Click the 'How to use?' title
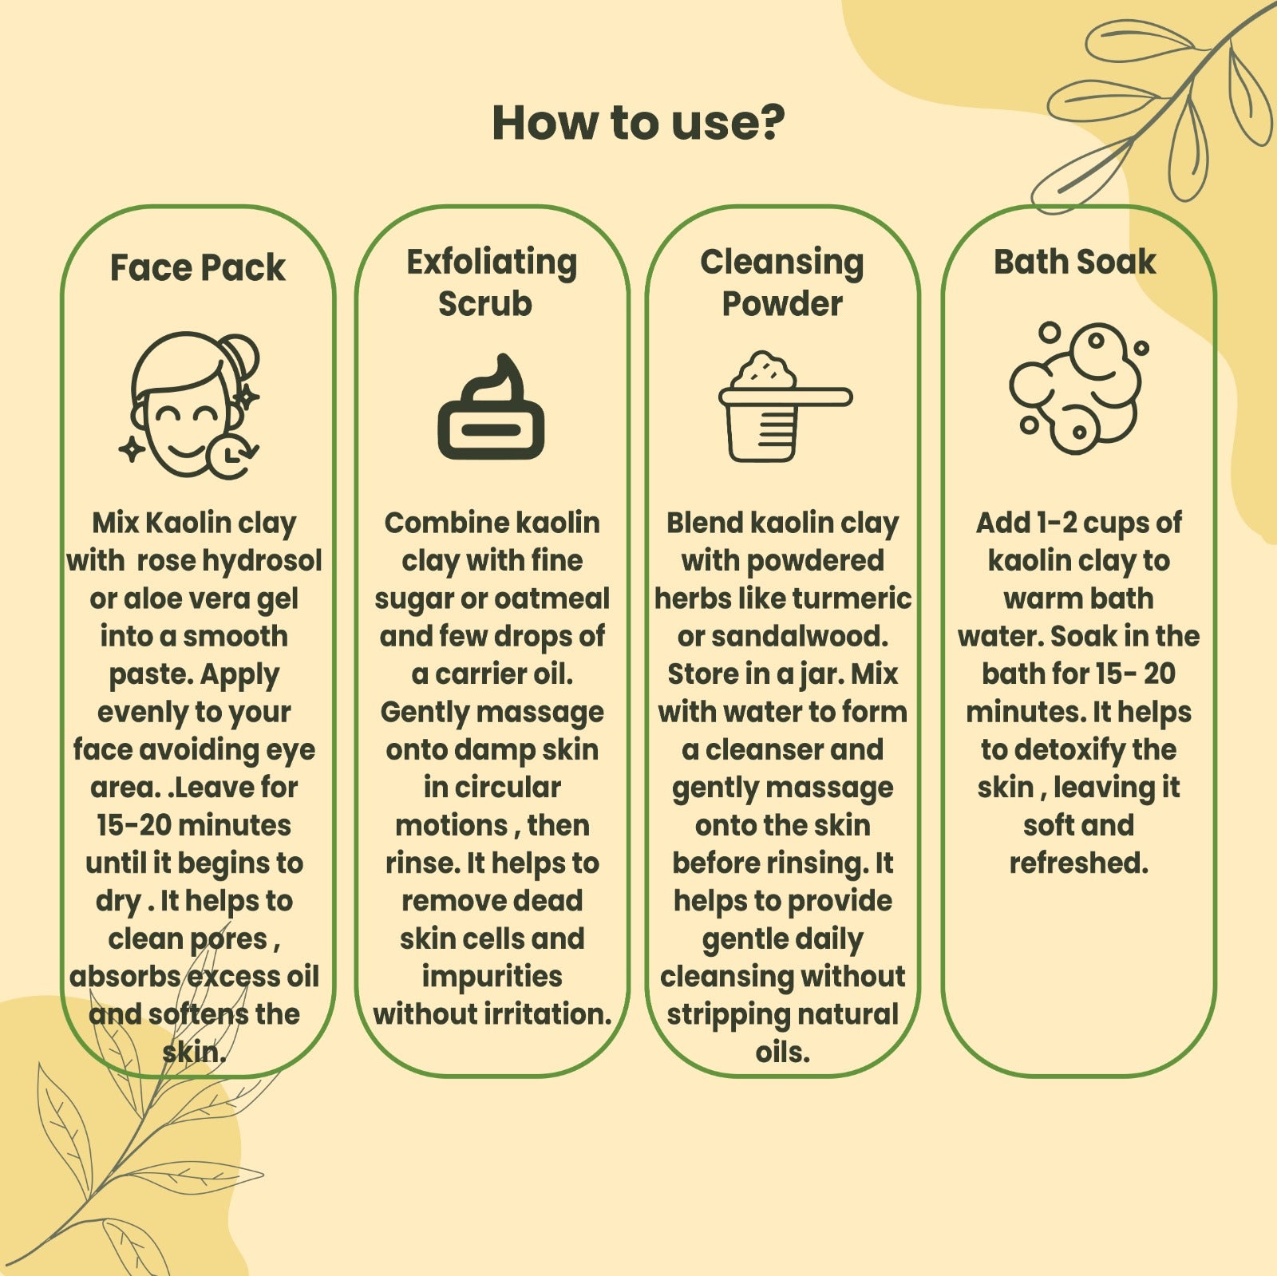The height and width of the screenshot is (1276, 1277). [x=638, y=123]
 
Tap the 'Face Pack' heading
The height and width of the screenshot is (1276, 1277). [x=197, y=267]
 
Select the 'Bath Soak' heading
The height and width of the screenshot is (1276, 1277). [x=1074, y=262]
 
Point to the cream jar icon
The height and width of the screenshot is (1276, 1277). [x=491, y=407]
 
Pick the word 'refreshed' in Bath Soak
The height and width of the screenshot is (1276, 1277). [x=1078, y=863]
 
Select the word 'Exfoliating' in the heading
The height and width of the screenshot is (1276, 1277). [x=492, y=262]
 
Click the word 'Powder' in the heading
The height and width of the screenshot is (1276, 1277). [x=782, y=304]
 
